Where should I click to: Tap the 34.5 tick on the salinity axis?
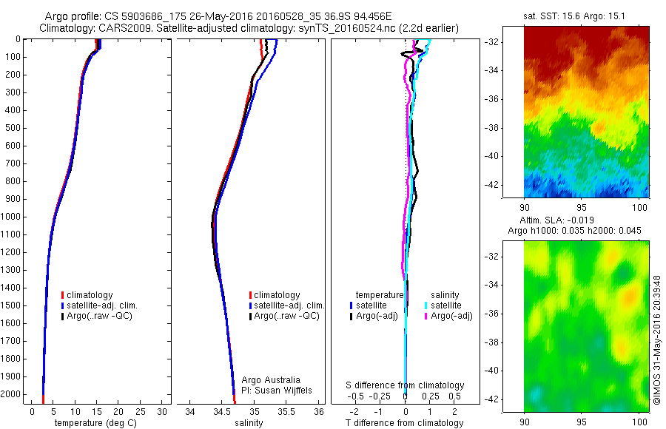(x=222, y=411)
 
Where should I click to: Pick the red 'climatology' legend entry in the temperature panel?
(x=90, y=295)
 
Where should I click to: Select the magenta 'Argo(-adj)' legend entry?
(x=451, y=316)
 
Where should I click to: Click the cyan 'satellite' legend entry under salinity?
(x=446, y=305)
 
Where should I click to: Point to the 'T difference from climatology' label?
(x=404, y=423)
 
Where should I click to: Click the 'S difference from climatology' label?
(x=406, y=385)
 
